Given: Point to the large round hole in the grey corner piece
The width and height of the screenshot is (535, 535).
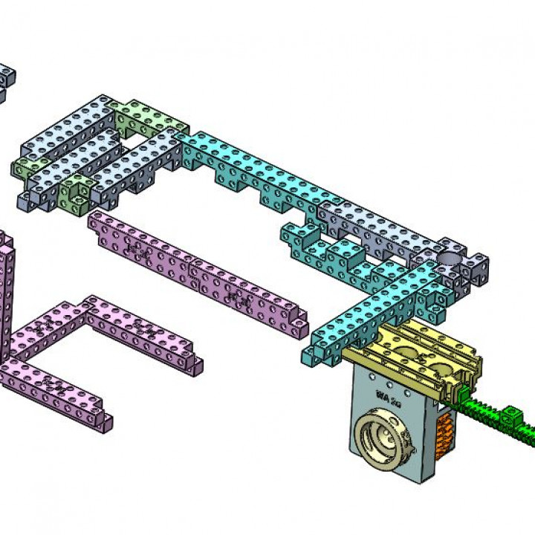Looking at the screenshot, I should [450, 258].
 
